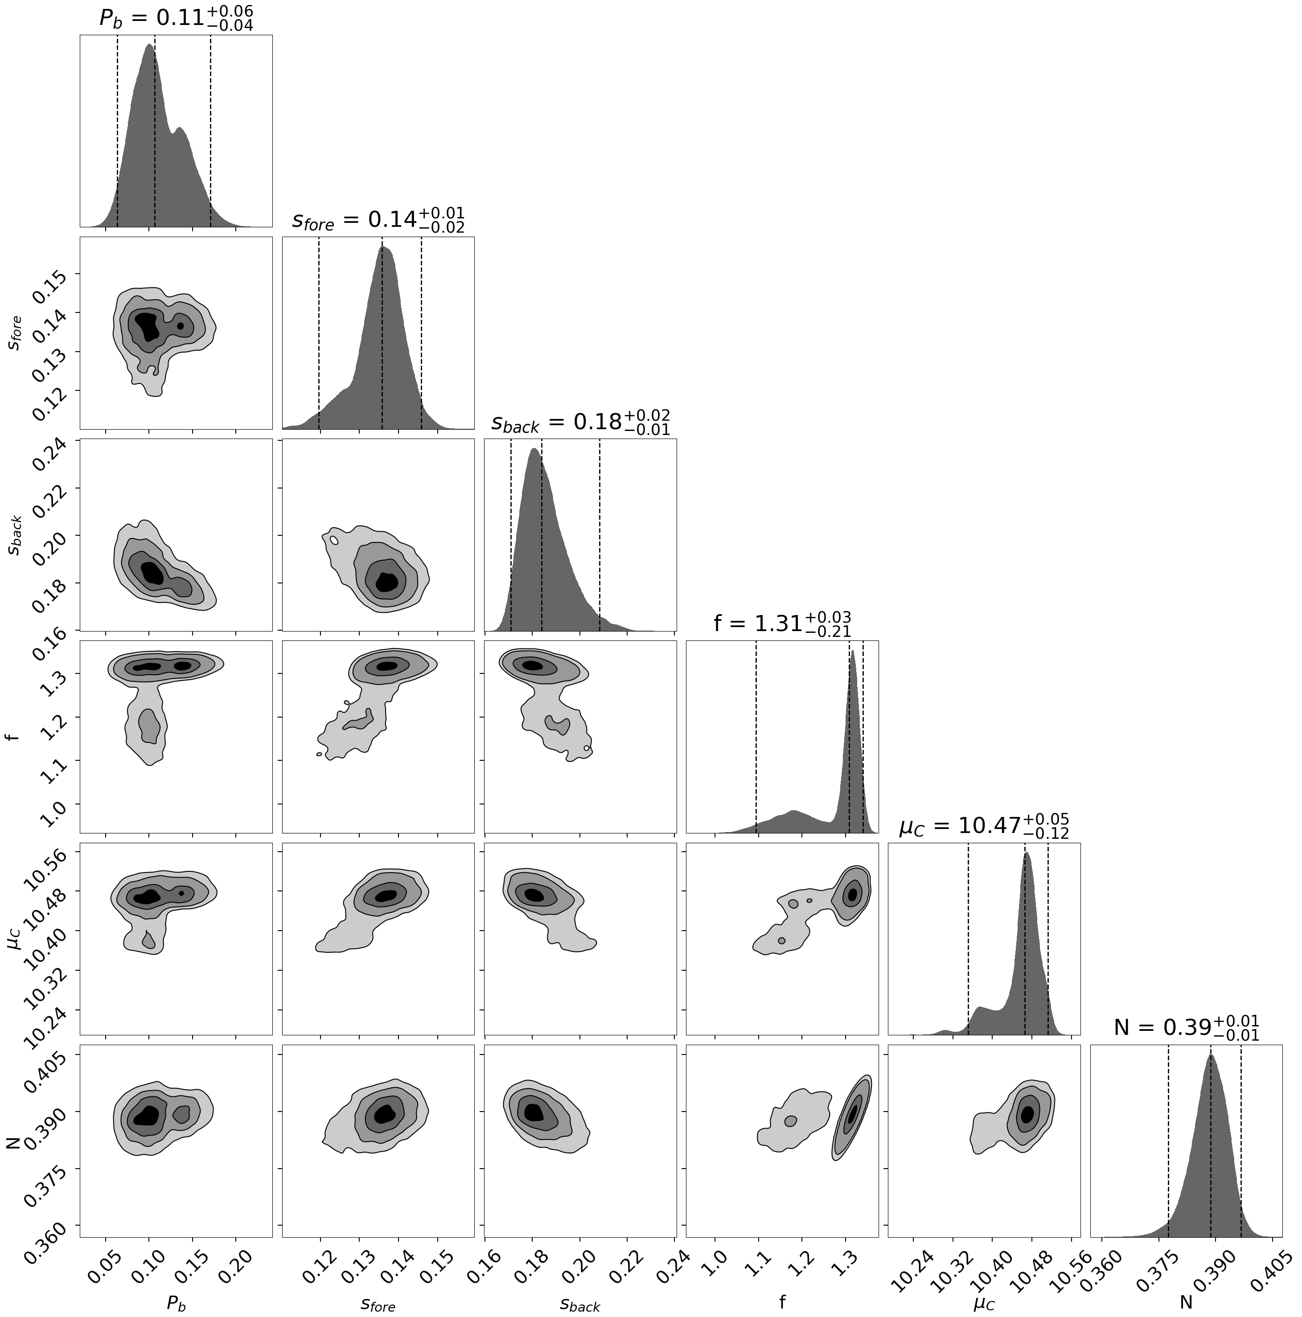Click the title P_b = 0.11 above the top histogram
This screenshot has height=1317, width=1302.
point(176,18)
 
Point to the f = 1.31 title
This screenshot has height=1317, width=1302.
point(782,623)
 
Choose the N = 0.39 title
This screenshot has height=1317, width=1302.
point(1186,1026)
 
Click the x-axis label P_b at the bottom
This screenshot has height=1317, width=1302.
point(176,1302)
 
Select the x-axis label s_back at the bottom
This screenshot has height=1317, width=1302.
point(580,1302)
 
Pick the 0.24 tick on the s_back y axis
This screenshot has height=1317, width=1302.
point(49,453)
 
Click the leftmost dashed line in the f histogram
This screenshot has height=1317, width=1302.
point(756,736)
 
